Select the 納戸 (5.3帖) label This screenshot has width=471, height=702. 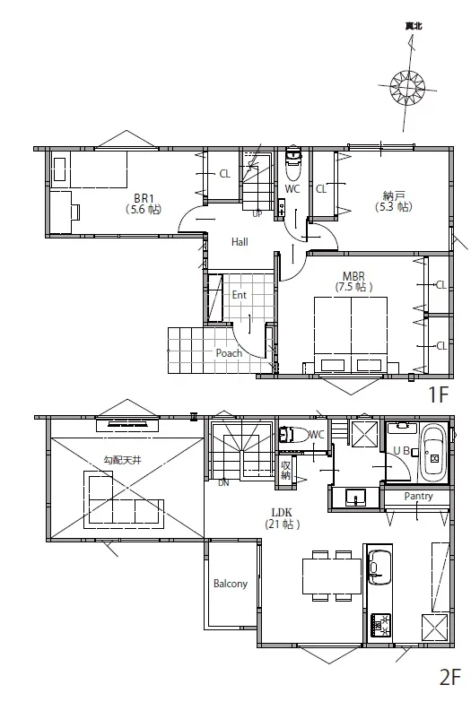pyautogui.click(x=394, y=201)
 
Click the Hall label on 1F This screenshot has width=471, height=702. pyautogui.click(x=240, y=242)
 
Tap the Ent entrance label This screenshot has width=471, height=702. pyautogui.click(x=240, y=295)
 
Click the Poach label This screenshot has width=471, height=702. pyautogui.click(x=229, y=353)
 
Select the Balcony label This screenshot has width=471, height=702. pyautogui.click(x=231, y=584)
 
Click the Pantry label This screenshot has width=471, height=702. pyautogui.click(x=418, y=496)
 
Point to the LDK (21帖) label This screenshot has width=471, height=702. pyautogui.click(x=282, y=518)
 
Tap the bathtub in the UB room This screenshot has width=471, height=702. pyautogui.click(x=433, y=453)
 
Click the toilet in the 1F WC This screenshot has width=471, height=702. pyautogui.click(x=293, y=163)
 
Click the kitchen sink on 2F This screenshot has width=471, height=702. pyautogui.click(x=379, y=568)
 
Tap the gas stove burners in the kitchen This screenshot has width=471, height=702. pyautogui.click(x=380, y=625)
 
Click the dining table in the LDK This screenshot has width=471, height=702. pyautogui.click(x=332, y=576)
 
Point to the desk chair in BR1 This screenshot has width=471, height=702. pyautogui.click(x=75, y=212)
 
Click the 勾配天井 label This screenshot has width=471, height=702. pyautogui.click(x=122, y=460)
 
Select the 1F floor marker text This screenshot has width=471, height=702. pyautogui.click(x=439, y=394)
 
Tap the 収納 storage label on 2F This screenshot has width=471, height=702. pyautogui.click(x=285, y=470)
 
